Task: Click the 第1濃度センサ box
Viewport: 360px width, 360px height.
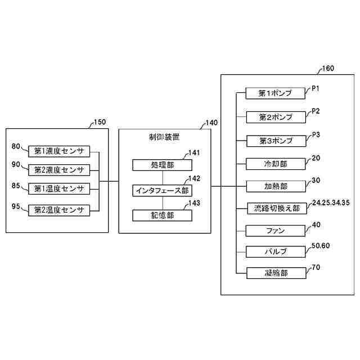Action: pyautogui.click(x=59, y=151)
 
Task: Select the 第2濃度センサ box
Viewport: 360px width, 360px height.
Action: pyautogui.click(x=59, y=169)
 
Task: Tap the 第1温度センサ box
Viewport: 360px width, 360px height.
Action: pyautogui.click(x=59, y=188)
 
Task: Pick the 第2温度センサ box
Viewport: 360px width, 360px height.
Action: pyautogui.click(x=59, y=210)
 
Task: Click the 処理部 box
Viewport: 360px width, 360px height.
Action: pyautogui.click(x=163, y=165)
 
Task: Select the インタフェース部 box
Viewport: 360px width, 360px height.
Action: pyautogui.click(x=163, y=190)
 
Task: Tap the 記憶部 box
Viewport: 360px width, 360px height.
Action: pyautogui.click(x=163, y=215)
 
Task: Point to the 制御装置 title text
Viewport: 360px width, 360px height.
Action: pyautogui.click(x=164, y=137)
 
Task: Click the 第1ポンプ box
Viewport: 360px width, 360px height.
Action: pyautogui.click(x=276, y=93)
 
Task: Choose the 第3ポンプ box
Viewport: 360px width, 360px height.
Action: pyautogui.click(x=276, y=140)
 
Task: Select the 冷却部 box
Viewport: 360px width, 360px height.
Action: pyautogui.click(x=276, y=164)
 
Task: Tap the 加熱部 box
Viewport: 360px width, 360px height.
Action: pyautogui.click(x=276, y=186)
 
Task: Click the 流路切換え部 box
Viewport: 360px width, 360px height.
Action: pyautogui.click(x=276, y=208)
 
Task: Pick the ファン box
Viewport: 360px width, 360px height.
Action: pyautogui.click(x=276, y=231)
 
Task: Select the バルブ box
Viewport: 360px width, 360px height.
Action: pyautogui.click(x=276, y=251)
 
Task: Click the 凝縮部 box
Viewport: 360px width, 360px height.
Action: pyautogui.click(x=276, y=273)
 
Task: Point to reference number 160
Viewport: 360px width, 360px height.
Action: pyautogui.click(x=326, y=69)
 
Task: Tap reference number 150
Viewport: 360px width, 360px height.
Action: pyautogui.click(x=99, y=122)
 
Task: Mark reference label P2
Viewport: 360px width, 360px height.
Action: pyautogui.click(x=316, y=111)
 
